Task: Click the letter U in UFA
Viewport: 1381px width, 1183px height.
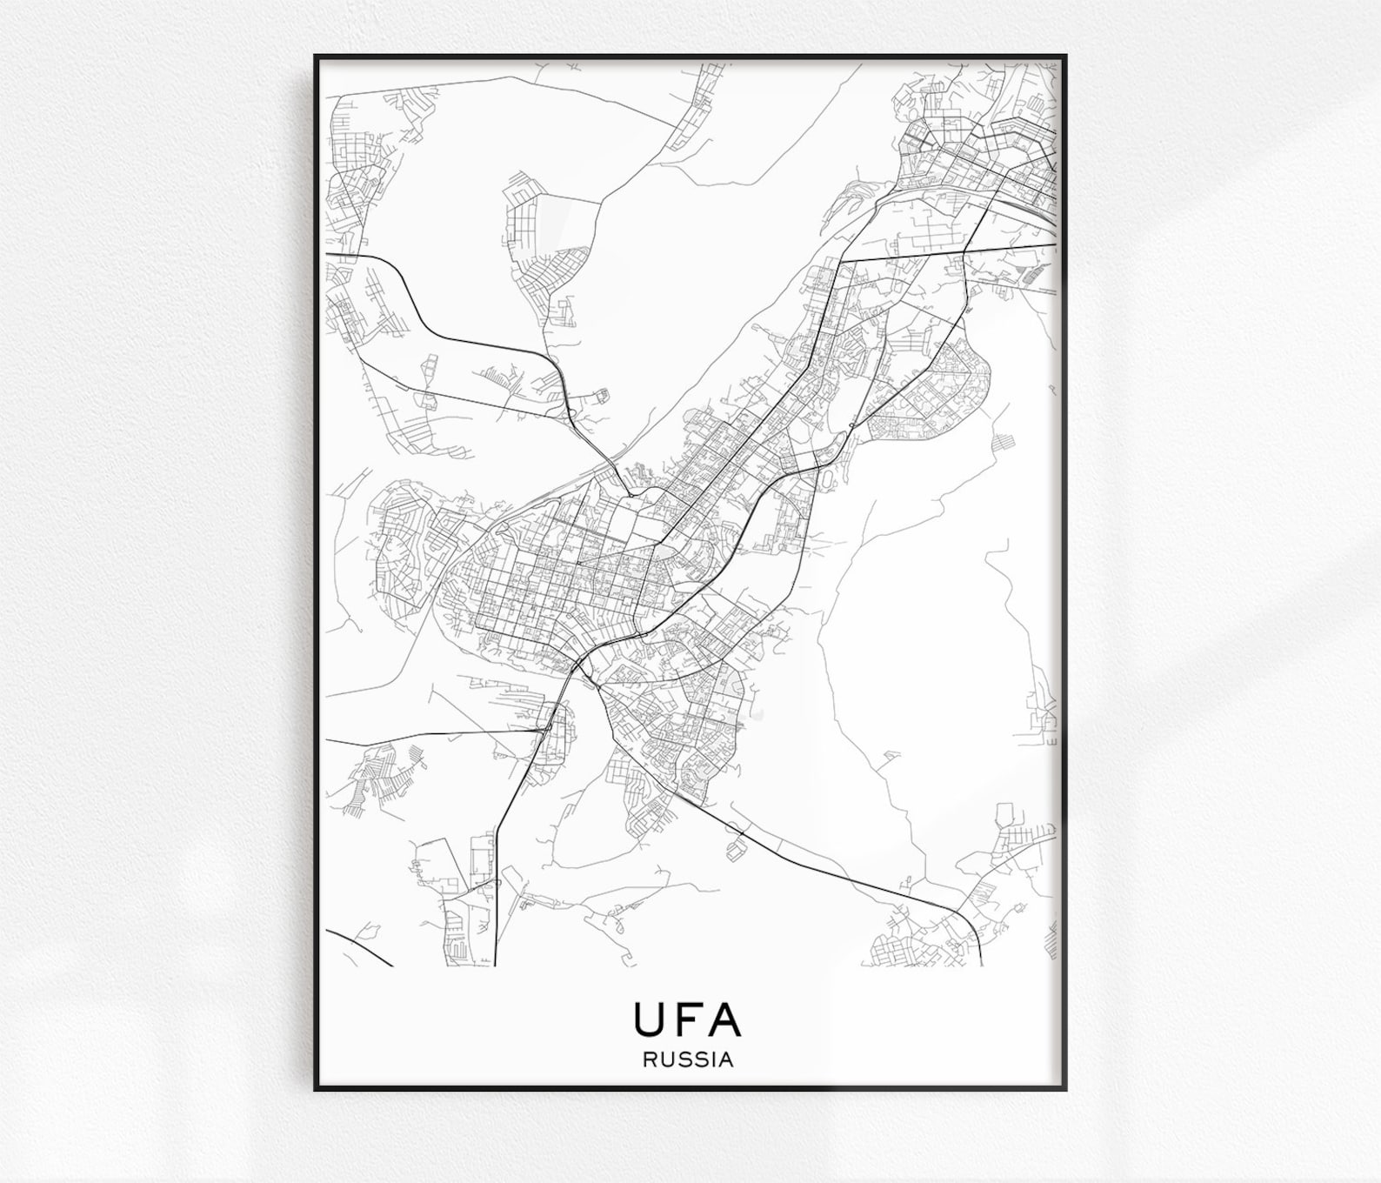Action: coord(648,1019)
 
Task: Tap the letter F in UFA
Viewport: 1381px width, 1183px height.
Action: coord(687,1019)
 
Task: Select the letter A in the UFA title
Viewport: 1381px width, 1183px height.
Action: coord(724,1019)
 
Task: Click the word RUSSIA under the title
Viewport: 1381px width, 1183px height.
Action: coord(688,1060)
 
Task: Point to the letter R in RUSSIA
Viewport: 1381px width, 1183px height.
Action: coord(650,1060)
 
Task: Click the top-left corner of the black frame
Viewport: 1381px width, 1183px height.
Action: coord(315,56)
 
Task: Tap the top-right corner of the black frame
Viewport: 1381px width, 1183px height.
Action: coord(1066,56)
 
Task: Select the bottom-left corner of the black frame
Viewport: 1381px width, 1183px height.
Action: coord(315,1090)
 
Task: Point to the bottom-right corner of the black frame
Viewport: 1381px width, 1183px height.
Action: coord(1066,1090)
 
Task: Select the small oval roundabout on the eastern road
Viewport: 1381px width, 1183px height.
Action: coord(850,424)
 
